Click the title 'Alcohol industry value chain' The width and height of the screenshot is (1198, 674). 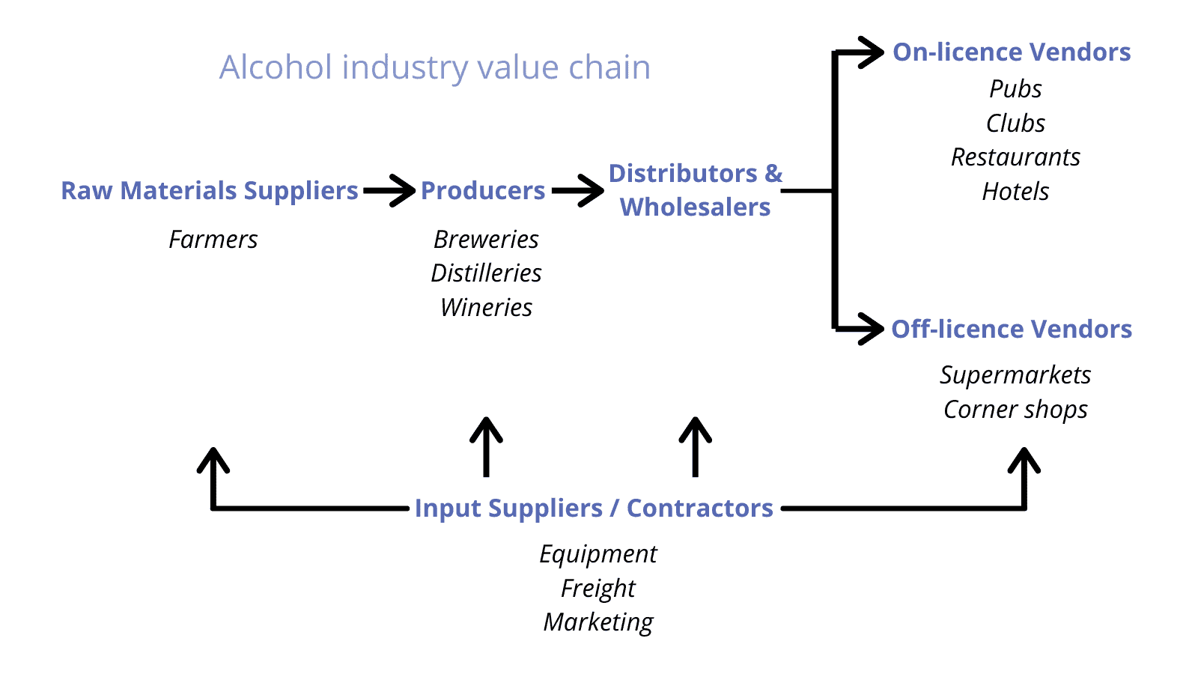(x=434, y=67)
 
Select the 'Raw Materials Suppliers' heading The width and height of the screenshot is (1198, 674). (x=210, y=191)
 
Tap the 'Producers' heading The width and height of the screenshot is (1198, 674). (x=483, y=191)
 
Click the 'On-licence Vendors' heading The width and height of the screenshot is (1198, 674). (x=1012, y=52)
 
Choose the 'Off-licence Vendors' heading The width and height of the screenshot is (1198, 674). (x=1012, y=330)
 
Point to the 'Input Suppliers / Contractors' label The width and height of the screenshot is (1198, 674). (x=594, y=508)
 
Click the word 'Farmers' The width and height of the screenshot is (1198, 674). (x=213, y=240)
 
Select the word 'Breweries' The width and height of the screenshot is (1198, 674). (x=486, y=240)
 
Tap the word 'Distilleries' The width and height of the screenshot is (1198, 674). (x=486, y=273)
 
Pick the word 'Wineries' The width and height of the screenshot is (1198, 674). (x=486, y=308)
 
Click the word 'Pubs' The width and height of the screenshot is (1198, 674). (x=1015, y=89)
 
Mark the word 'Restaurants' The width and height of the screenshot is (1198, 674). (x=1015, y=157)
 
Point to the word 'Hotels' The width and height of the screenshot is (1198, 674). (x=1015, y=192)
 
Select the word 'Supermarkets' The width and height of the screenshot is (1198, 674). (x=1015, y=375)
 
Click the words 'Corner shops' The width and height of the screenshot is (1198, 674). (x=1015, y=410)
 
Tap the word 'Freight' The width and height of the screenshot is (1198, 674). (x=598, y=589)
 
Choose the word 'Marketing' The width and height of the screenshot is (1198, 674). (x=598, y=622)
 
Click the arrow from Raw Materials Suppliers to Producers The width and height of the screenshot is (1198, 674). (x=389, y=191)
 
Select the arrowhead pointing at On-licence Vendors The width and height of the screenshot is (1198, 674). (x=872, y=52)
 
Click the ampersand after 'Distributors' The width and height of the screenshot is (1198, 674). (x=773, y=174)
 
